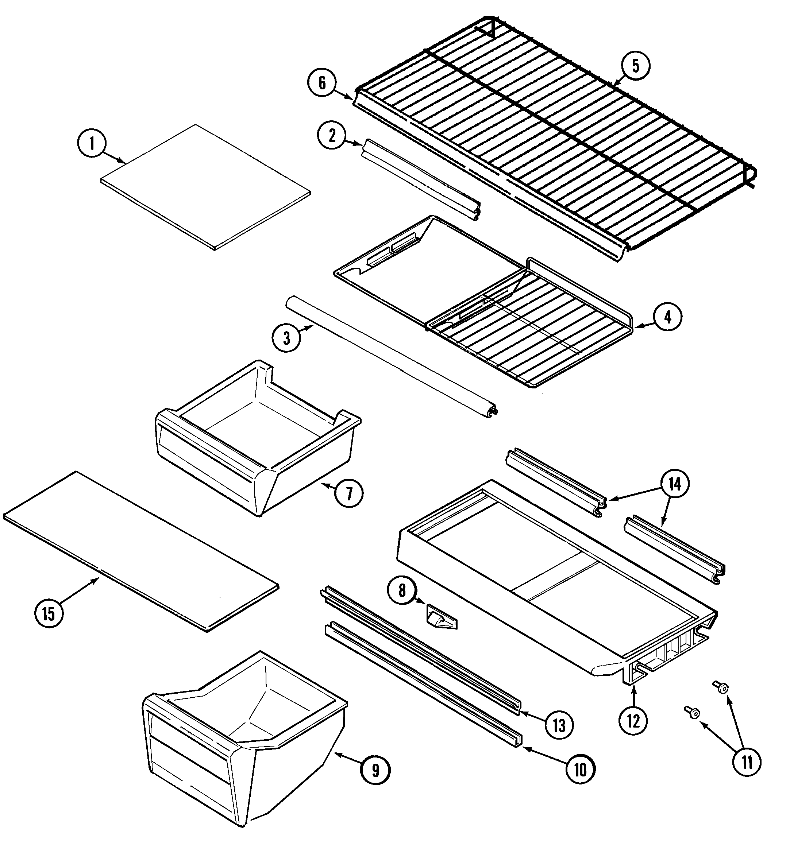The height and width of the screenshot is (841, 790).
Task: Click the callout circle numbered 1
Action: click(x=92, y=144)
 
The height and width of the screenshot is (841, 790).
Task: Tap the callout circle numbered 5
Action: click(x=636, y=66)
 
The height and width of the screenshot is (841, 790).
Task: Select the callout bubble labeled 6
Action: click(x=322, y=84)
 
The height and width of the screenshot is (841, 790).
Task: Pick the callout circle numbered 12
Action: click(x=633, y=721)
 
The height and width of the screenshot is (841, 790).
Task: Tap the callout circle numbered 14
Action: click(x=674, y=484)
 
